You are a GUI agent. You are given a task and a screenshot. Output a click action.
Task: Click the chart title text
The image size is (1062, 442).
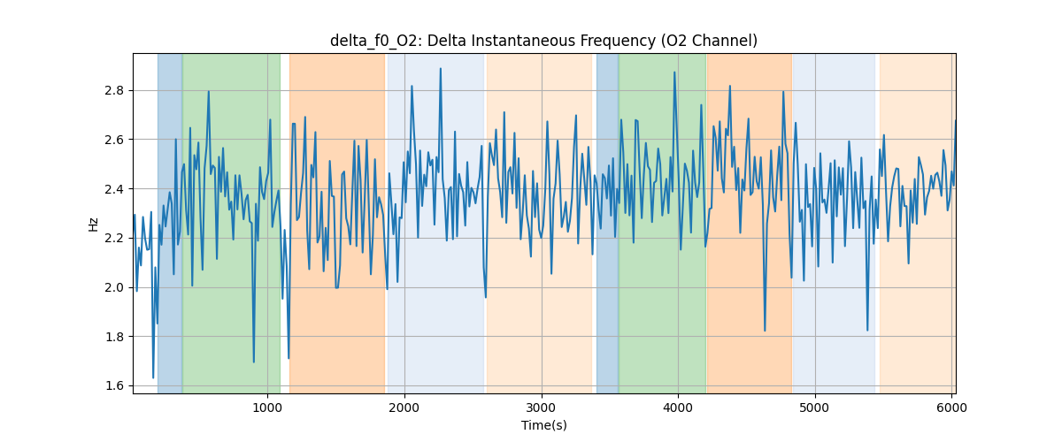pyautogui.click(x=543, y=41)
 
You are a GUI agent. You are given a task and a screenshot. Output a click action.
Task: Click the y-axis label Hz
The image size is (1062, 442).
pyautogui.click(x=94, y=224)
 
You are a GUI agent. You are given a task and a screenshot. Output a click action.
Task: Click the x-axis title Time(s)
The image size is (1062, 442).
pyautogui.click(x=543, y=425)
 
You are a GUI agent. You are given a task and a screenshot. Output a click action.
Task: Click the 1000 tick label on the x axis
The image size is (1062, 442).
pyautogui.click(x=267, y=408)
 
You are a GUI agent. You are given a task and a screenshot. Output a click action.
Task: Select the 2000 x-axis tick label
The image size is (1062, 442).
pyautogui.click(x=404, y=408)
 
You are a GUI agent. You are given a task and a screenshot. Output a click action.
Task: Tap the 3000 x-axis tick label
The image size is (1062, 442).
pyautogui.click(x=542, y=408)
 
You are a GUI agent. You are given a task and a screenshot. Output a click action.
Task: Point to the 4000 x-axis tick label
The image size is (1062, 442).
pyautogui.click(x=678, y=408)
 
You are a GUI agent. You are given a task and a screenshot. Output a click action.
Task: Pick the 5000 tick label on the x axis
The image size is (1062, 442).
pyautogui.click(x=815, y=408)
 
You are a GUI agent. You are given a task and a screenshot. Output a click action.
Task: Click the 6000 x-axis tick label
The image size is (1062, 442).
pyautogui.click(x=951, y=408)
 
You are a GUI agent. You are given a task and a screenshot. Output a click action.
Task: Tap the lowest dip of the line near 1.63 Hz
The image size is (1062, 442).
pyautogui.click(x=153, y=377)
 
